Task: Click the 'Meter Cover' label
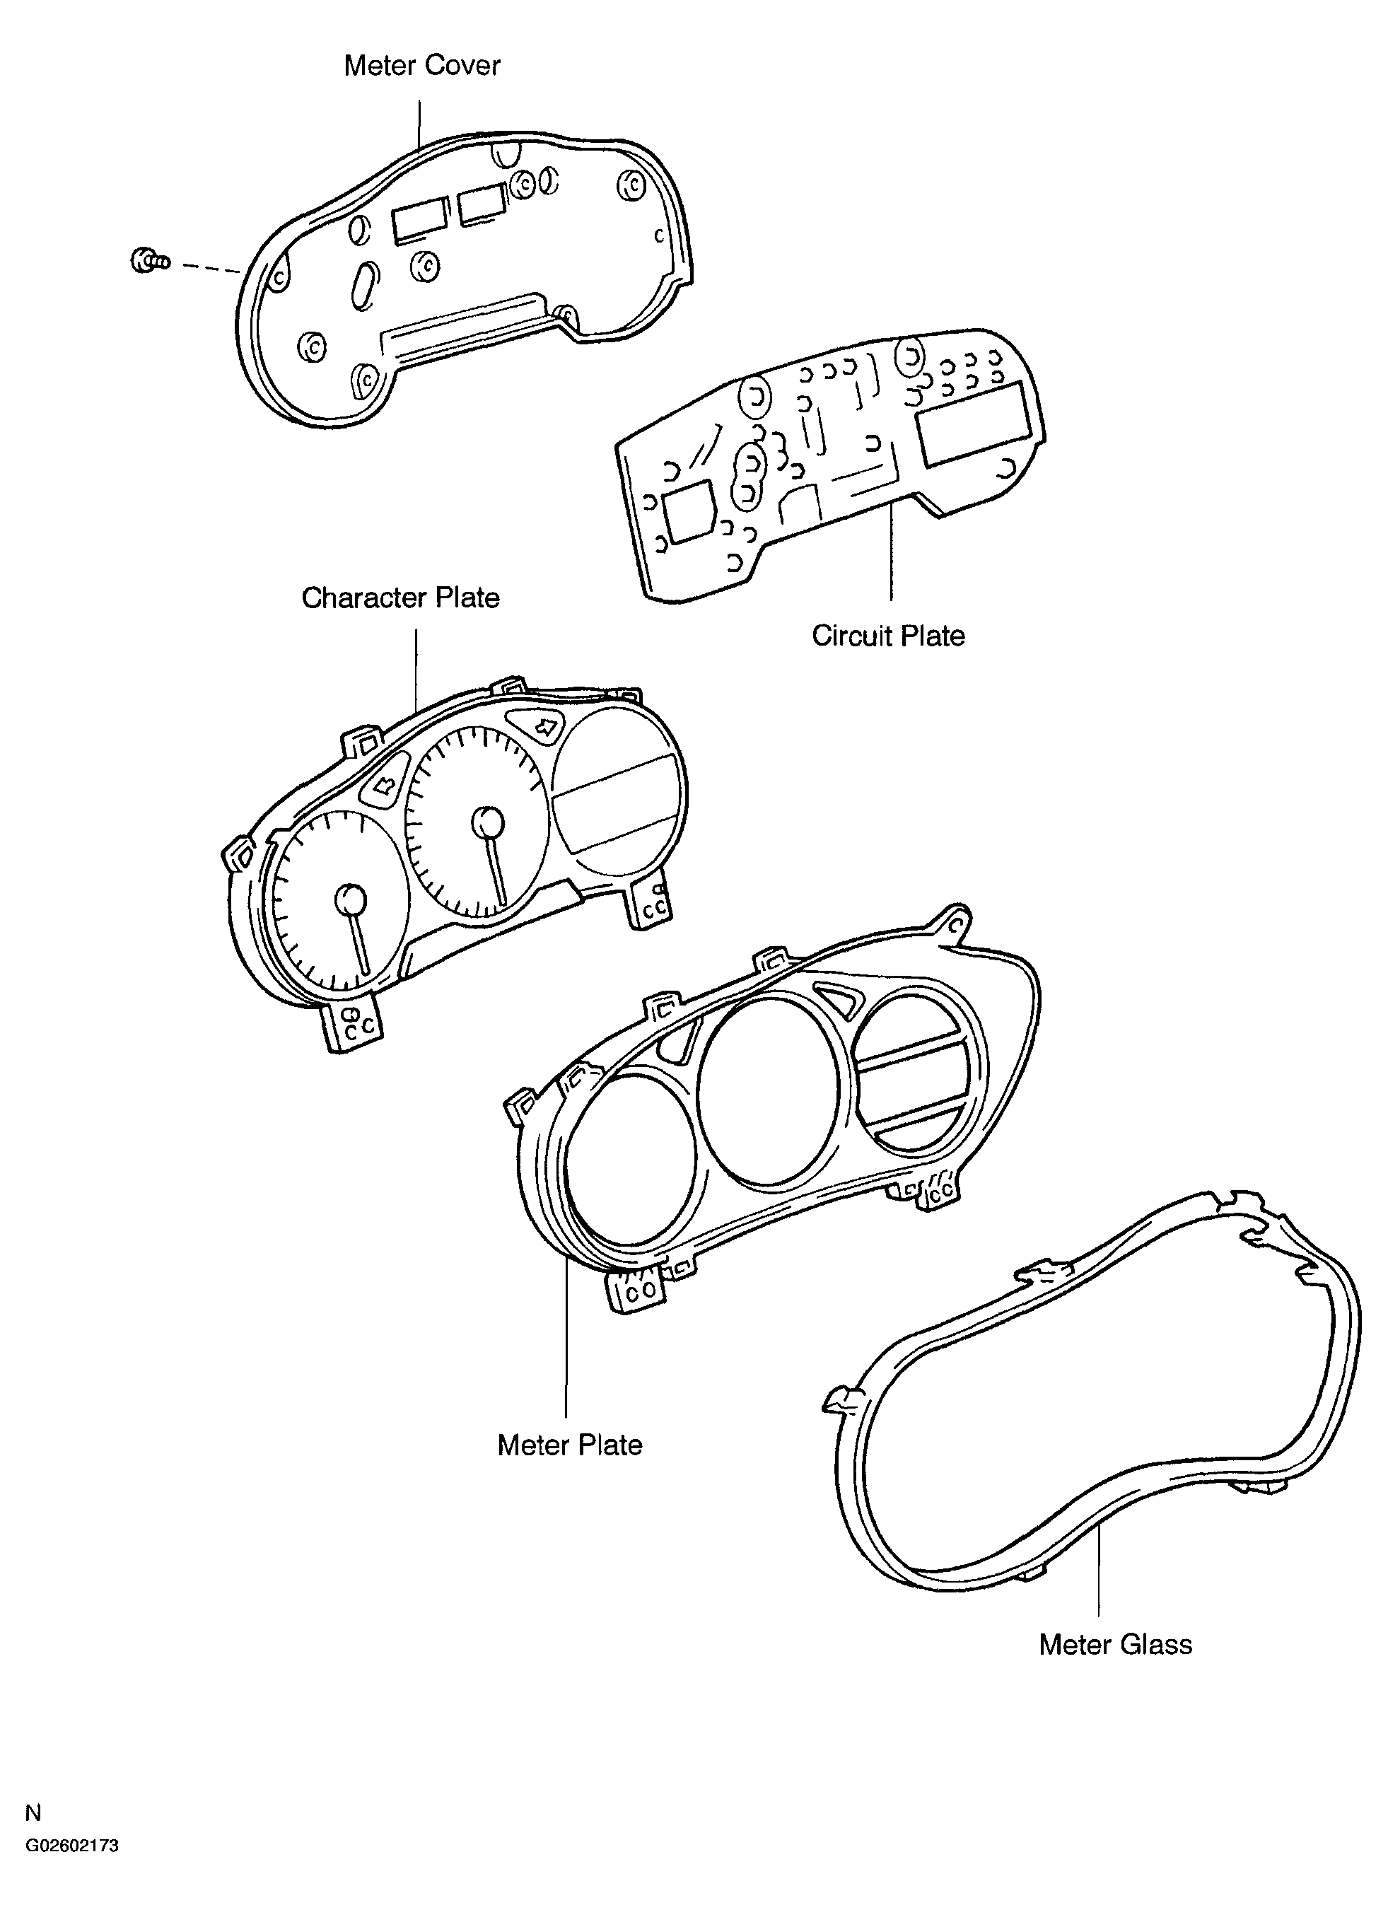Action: [422, 66]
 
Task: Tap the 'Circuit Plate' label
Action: [888, 635]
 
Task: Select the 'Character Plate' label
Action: [401, 598]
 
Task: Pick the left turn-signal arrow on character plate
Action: [384, 786]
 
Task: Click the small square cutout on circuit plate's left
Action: [689, 510]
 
